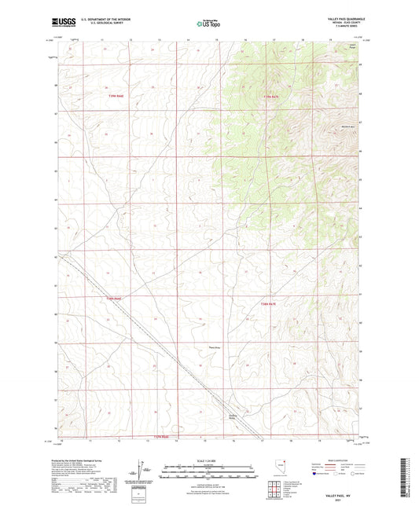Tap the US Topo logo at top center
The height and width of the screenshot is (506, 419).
point(208,24)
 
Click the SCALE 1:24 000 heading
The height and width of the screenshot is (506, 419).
point(209,460)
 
